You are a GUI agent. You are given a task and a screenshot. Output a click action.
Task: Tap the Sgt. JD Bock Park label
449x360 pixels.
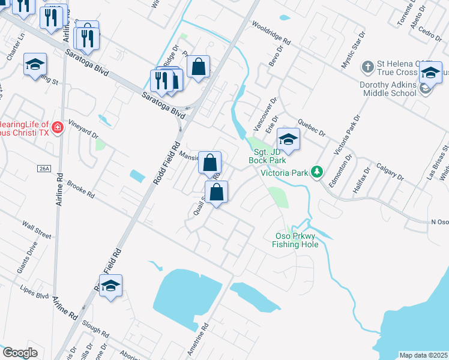[x=268, y=156]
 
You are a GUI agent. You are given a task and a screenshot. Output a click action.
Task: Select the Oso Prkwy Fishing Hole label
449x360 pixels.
[x=294, y=240]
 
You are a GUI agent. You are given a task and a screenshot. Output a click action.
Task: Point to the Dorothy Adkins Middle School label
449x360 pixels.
[x=388, y=89]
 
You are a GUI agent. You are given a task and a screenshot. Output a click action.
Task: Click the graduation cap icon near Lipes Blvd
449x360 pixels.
[x=110, y=286]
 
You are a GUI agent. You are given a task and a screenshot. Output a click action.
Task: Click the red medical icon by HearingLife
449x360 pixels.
[x=58, y=128]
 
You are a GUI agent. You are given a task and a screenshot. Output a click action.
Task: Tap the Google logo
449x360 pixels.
[x=20, y=353]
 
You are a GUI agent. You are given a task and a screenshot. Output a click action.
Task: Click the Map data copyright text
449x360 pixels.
[x=423, y=355]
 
